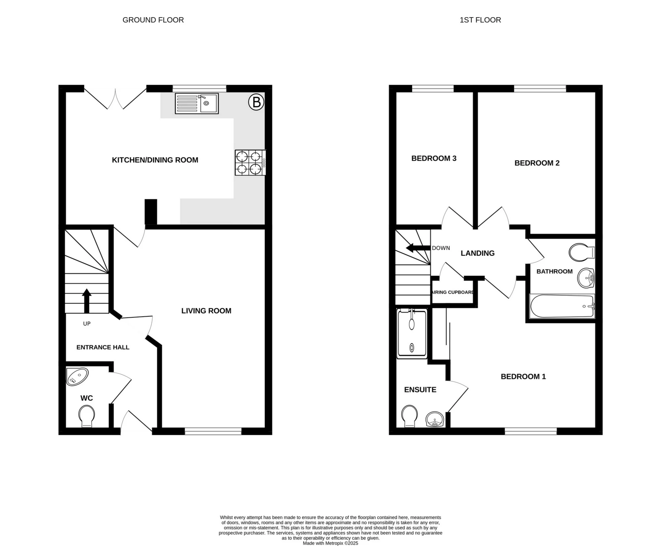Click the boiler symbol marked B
pyautogui.click(x=256, y=102)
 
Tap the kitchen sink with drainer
pyautogui.click(x=197, y=103)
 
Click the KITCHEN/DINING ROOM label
pyautogui.click(x=155, y=160)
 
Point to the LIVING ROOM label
pyautogui.click(x=206, y=311)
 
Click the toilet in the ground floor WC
pyautogui.click(x=87, y=416)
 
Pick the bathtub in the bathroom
pyautogui.click(x=562, y=306)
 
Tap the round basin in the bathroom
pyautogui.click(x=586, y=278)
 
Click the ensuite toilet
pyautogui.click(x=409, y=416)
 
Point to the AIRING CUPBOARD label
pyautogui.click(x=453, y=292)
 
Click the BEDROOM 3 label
pyautogui.click(x=434, y=159)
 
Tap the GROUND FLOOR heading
pyautogui.click(x=153, y=20)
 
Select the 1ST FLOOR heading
pyautogui.click(x=480, y=20)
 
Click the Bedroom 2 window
pyautogui.click(x=540, y=89)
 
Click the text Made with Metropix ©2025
pyautogui.click(x=330, y=543)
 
